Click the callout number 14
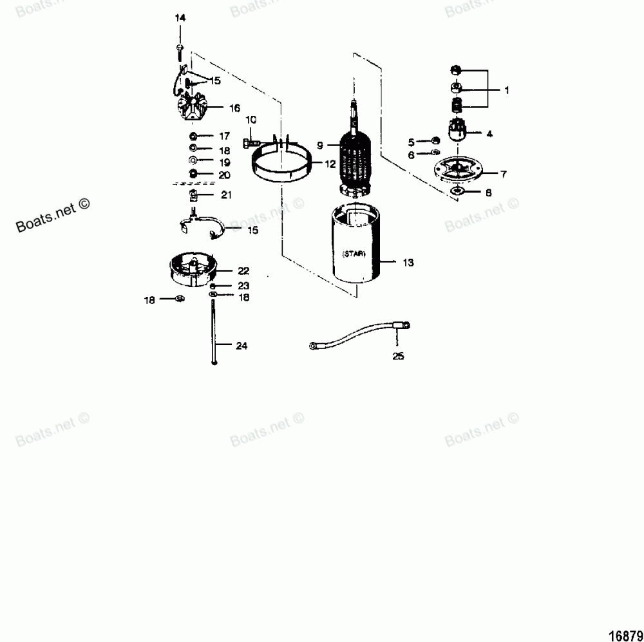180,18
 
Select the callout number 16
216,108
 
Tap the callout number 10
251,120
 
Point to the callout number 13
408,263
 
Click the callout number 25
398,355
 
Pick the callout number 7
503,173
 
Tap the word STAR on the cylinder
353,254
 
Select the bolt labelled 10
251,141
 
